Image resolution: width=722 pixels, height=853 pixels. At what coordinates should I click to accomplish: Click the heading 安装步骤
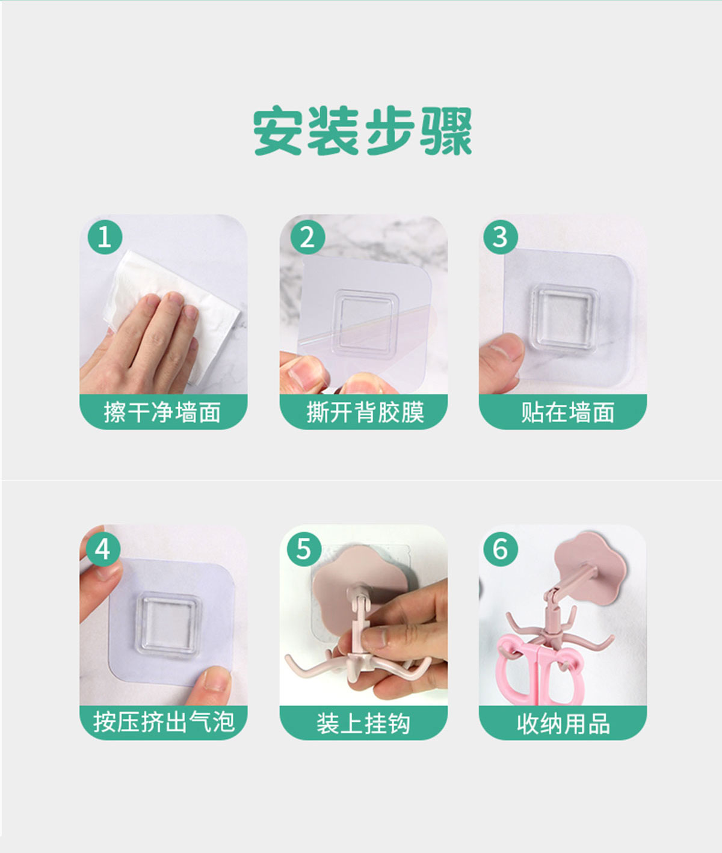362,131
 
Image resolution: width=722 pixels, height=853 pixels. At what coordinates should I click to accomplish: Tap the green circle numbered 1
105,237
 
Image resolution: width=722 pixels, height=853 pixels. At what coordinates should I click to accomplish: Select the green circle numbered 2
307,237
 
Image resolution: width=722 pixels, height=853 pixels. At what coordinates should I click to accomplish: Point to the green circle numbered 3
501,237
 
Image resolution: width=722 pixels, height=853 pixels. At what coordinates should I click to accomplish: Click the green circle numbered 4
103,549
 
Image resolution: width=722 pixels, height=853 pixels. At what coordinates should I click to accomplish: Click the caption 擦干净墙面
162,412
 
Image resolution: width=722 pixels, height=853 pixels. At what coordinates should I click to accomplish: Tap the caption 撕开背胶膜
365,412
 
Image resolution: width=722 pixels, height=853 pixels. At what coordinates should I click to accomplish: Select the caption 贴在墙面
567,412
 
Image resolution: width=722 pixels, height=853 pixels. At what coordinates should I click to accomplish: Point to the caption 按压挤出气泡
164,722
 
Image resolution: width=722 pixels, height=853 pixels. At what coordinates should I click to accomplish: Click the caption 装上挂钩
363,724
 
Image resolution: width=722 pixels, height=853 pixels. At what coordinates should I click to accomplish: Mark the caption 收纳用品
564,724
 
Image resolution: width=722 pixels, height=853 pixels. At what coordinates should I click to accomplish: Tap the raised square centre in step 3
565,315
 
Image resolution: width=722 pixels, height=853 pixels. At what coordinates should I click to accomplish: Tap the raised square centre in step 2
366,322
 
